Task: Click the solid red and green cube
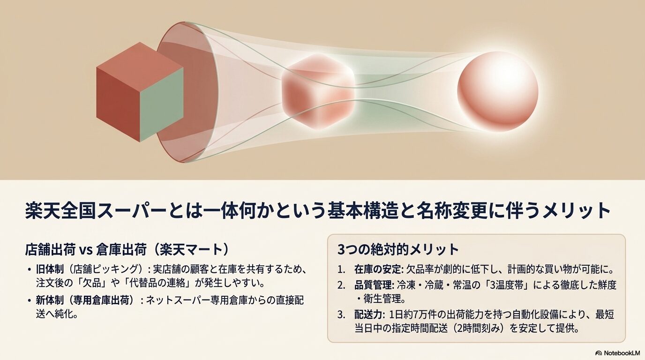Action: [x=139, y=92]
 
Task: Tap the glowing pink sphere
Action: [x=497, y=91]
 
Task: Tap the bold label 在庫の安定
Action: [x=375, y=270]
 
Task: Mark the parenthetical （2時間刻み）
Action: [x=476, y=329]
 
